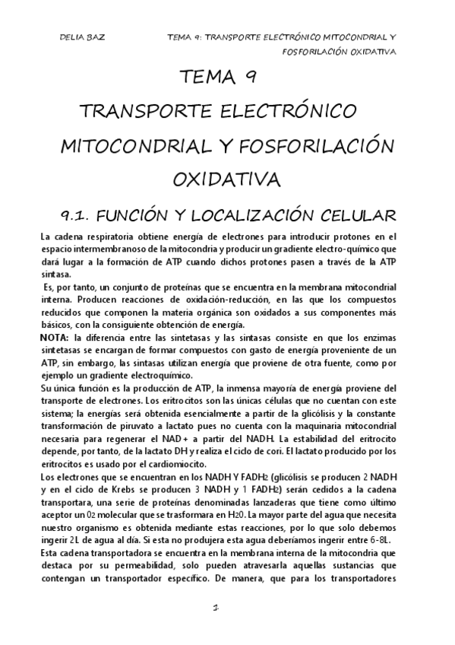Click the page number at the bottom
(217, 608)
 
